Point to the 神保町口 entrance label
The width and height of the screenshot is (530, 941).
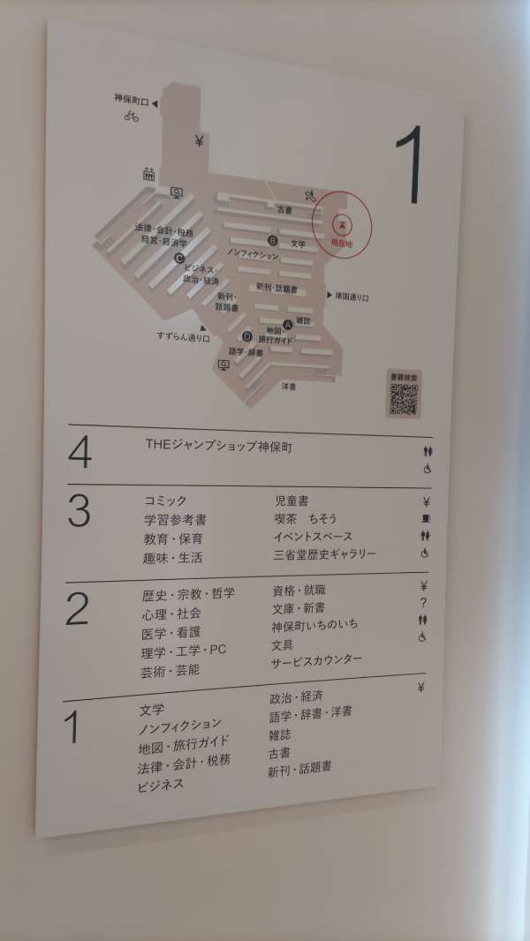coord(132,101)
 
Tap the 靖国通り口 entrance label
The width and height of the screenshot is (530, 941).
coord(352,297)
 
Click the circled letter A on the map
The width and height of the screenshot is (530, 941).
coord(288,324)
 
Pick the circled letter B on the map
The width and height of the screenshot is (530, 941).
coord(273,240)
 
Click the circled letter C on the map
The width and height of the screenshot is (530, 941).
coord(179,259)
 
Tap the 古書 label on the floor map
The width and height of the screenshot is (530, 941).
coord(284,210)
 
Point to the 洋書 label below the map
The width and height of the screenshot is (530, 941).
coord(289,387)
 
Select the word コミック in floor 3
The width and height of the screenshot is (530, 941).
coord(165,501)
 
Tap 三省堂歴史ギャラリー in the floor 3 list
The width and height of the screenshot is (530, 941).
coord(325,554)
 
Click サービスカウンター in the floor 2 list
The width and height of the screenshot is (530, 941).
coord(316,660)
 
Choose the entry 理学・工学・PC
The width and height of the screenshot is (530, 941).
coord(183,651)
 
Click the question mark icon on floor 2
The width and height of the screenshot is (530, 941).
coord(423,603)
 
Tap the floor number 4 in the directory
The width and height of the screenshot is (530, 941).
coord(79,453)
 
